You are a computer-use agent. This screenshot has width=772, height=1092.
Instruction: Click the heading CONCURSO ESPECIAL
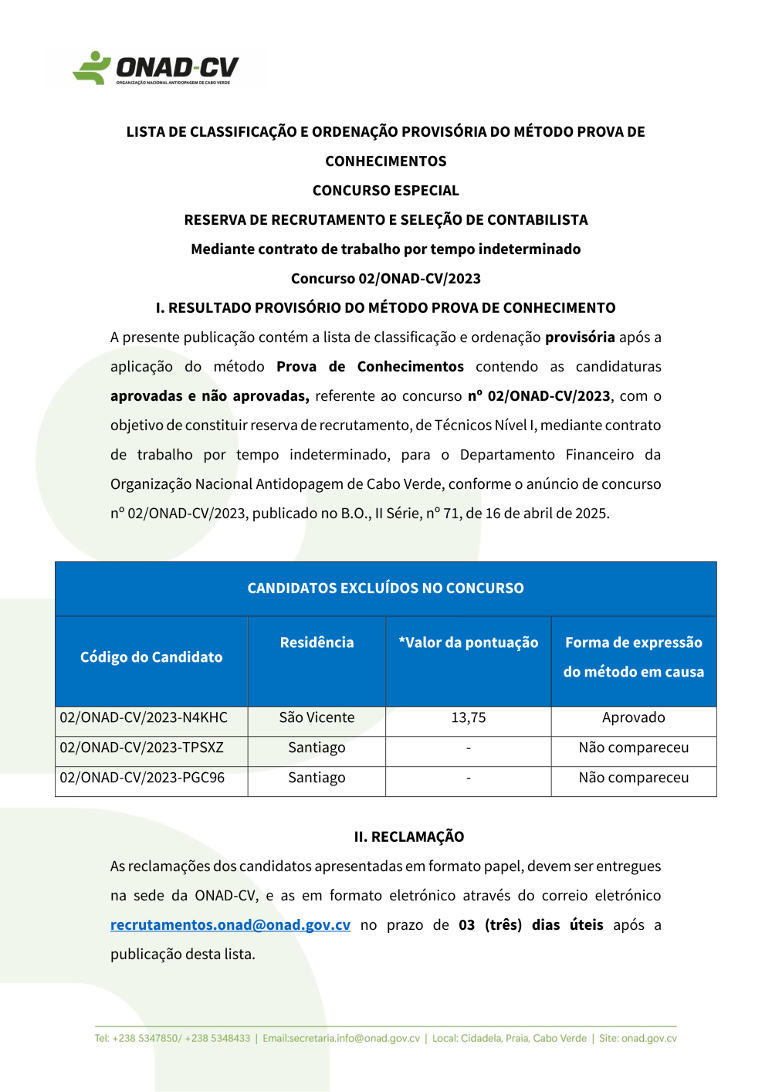point(385,191)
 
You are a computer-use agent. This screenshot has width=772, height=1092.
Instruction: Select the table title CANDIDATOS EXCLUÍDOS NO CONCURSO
point(385,588)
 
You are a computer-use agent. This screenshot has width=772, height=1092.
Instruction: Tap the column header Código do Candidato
point(151,657)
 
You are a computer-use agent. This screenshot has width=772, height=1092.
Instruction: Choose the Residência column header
point(317,643)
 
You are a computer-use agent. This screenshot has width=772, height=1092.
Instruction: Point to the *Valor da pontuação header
point(469,643)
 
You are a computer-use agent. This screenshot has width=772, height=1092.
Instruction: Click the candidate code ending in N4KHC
point(144,718)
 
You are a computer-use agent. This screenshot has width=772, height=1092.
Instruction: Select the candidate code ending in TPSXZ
point(141,748)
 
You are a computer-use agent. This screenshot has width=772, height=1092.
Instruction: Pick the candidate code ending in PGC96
point(142,778)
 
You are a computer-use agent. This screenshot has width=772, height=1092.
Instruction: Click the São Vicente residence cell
point(317,718)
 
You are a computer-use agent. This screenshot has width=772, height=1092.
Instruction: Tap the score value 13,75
point(469,718)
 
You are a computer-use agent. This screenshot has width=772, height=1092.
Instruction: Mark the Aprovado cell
point(633,718)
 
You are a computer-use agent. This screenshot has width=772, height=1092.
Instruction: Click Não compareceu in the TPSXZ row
point(633,748)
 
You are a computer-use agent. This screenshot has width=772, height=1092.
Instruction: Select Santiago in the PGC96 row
point(317,778)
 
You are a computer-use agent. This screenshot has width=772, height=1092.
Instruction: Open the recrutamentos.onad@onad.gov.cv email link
point(230,925)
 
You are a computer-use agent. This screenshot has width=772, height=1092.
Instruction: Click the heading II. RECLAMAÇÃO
point(408,837)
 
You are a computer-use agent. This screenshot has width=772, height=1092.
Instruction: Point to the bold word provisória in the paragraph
point(580,337)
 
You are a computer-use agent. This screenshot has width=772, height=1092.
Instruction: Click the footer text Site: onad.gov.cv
point(638,1039)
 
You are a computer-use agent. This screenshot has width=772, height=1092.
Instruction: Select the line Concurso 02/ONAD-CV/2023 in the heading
point(385,279)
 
